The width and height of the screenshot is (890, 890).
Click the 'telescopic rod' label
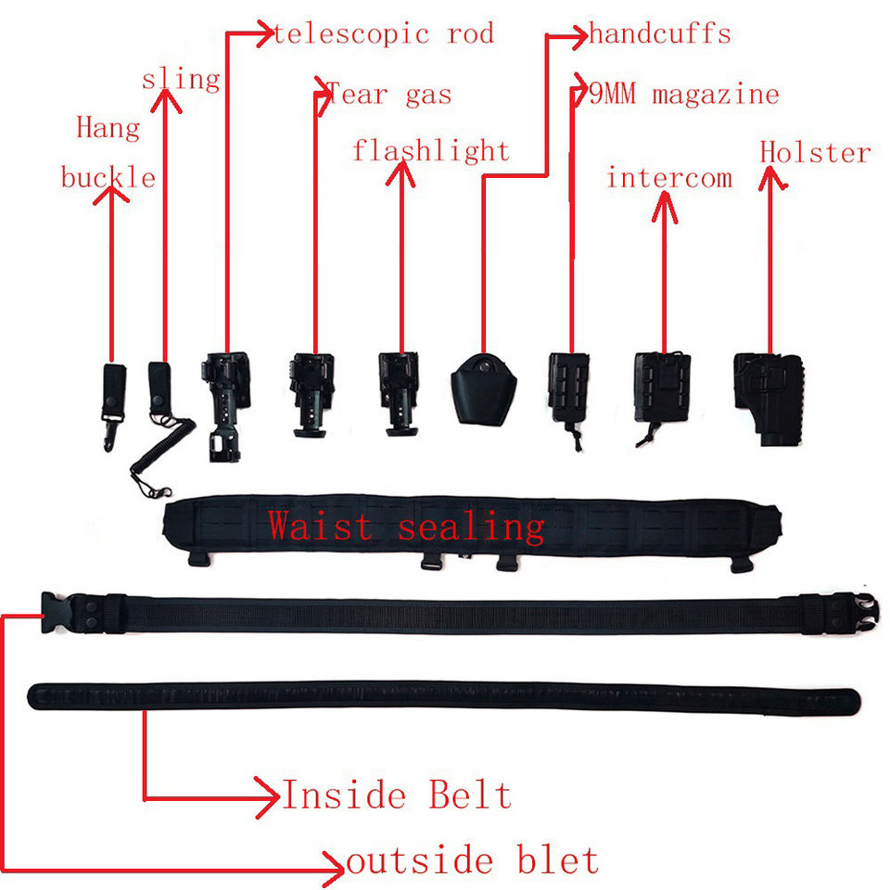pyautogui.click(x=383, y=34)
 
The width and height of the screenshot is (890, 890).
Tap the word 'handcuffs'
pyautogui.click(x=660, y=35)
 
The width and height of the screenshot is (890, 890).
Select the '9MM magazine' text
pyautogui.click(x=684, y=94)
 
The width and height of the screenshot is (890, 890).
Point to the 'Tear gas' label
pyautogui.click(x=389, y=94)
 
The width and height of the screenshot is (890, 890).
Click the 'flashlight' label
pyautogui.click(x=431, y=150)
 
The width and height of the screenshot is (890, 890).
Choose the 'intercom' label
pyautogui.click(x=669, y=177)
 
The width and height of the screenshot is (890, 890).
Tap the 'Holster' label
pyautogui.click(x=816, y=152)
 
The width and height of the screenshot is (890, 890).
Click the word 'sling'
pyautogui.click(x=181, y=79)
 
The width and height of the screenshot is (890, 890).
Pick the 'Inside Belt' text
pyautogui.click(x=397, y=795)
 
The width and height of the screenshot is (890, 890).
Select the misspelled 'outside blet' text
pyautogui.click(x=473, y=860)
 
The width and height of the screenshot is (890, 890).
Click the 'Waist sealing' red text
pyautogui.click(x=406, y=527)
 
